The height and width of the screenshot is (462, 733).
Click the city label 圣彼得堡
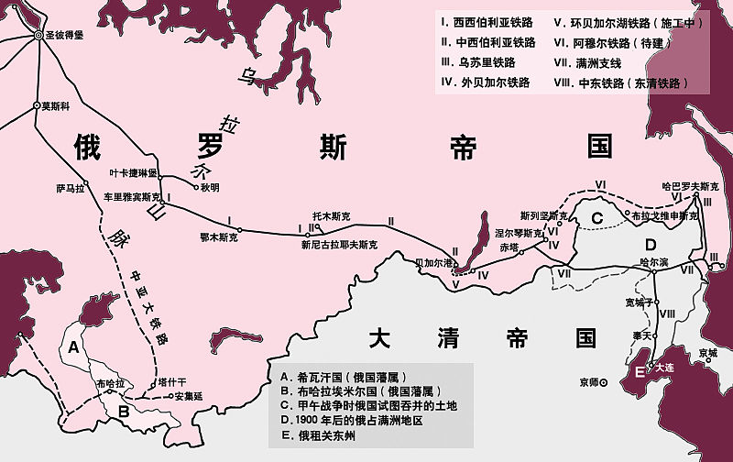coord(68,35)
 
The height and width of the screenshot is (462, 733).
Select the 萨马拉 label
coord(70,189)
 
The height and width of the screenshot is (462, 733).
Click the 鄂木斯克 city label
coord(218,237)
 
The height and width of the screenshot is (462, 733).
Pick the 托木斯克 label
coord(331,216)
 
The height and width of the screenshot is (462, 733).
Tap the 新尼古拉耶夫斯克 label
coord(339,246)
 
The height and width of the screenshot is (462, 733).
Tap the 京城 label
coord(707,352)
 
